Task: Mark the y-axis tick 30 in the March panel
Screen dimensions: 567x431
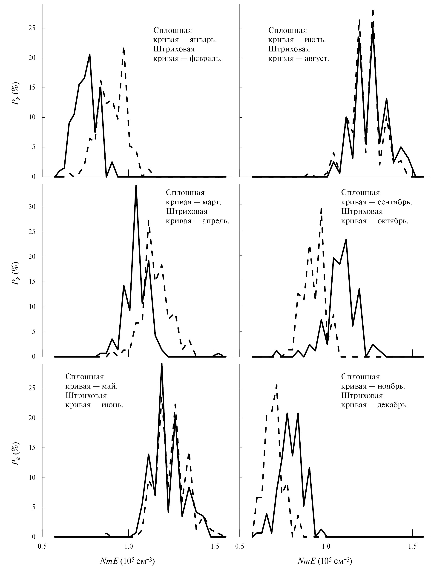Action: pyautogui.click(x=32, y=207)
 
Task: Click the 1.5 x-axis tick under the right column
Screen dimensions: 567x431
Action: pyautogui.click(x=412, y=544)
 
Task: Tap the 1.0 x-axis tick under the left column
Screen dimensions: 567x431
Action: pyautogui.click(x=129, y=544)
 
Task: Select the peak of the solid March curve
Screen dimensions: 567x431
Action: pyautogui.click(x=136, y=185)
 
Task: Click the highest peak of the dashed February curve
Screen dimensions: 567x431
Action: pyautogui.click(x=124, y=48)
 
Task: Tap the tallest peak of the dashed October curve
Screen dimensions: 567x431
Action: pyautogui.click(x=321, y=209)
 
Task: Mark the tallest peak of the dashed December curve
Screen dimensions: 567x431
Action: pyautogui.click(x=276, y=385)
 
